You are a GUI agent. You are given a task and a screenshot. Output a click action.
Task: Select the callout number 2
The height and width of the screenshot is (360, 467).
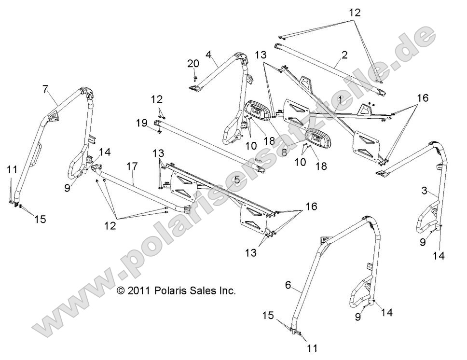pos(344,55)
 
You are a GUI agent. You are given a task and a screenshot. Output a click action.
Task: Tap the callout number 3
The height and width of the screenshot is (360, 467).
pos(425,191)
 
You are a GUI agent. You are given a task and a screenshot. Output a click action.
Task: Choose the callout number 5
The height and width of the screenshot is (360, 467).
pos(236,180)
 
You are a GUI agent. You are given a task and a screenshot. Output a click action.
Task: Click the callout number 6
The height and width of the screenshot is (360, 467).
pos(288,285)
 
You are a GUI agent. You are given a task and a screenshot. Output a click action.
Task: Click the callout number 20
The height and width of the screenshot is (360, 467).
pos(192,64)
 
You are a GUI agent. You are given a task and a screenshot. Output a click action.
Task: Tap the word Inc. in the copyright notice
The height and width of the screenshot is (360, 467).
pos(226,291)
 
